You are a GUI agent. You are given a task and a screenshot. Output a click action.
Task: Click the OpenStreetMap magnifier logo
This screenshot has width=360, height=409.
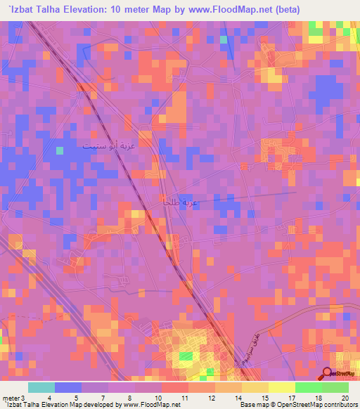click(327, 375)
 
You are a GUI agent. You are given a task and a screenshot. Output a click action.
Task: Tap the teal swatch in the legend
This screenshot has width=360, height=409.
click(41, 387)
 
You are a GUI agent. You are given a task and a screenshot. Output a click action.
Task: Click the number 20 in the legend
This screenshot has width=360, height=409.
click(345, 398)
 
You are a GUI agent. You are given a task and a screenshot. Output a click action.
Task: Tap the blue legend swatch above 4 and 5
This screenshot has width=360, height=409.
click(68, 387)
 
